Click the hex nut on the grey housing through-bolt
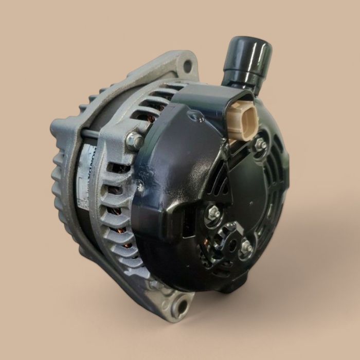135,139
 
